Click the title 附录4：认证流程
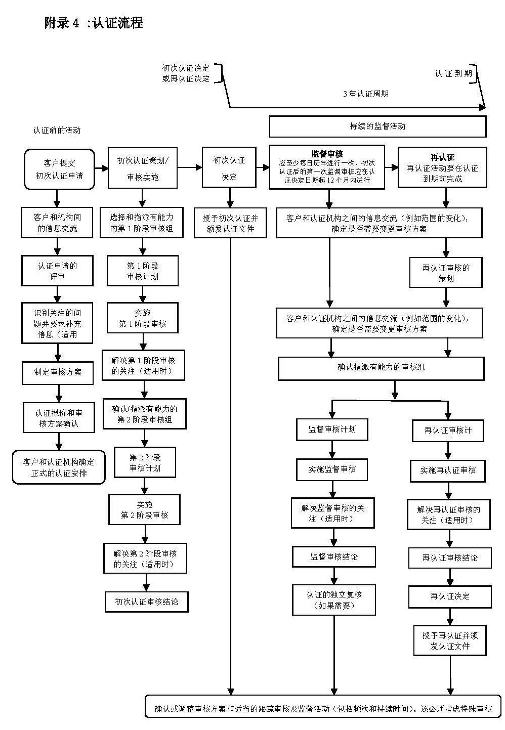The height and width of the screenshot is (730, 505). tap(94, 23)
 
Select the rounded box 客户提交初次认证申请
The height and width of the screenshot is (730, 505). tap(59, 169)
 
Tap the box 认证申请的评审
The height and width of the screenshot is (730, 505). tap(57, 271)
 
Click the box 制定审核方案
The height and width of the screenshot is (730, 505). tap(58, 372)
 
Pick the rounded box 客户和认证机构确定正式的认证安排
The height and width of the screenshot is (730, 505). tap(59, 467)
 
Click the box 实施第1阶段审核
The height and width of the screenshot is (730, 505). tap(143, 318)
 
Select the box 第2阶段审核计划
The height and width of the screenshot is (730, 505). tap(145, 462)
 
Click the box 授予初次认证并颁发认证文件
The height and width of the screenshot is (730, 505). tap(231, 223)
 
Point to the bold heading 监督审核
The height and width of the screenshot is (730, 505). tap(327, 154)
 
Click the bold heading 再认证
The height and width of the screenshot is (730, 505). tap(442, 157)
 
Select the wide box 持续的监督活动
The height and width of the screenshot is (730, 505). tap(377, 126)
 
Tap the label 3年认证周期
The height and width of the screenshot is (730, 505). tap(365, 94)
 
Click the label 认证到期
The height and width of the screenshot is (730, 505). tap(453, 74)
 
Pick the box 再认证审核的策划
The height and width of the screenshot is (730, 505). tap(446, 273)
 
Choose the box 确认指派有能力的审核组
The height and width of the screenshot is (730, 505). tap(381, 367)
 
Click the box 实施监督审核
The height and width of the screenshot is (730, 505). tap(332, 469)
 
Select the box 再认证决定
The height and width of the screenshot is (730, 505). tap(450, 596)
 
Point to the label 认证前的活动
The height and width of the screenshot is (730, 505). tap(57, 131)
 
